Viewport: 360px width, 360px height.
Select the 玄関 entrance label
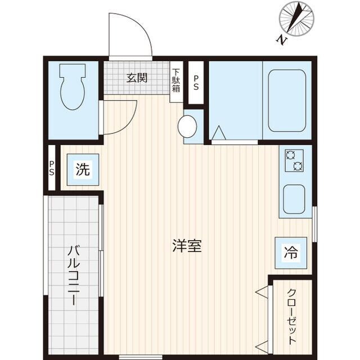(136, 78)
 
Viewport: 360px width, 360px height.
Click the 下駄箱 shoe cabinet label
(176, 80)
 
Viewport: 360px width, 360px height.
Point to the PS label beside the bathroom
(195, 82)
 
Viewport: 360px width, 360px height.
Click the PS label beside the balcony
(52, 168)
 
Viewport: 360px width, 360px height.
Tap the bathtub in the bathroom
(286, 99)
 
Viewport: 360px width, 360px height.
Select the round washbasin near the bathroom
(187, 125)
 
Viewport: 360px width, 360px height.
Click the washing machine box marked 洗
(83, 169)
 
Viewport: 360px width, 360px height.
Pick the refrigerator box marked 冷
(290, 253)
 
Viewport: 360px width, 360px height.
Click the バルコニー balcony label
(73, 275)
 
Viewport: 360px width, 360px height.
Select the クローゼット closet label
(291, 317)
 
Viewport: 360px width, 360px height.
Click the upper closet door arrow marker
(262, 291)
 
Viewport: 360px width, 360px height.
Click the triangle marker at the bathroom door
(218, 133)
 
